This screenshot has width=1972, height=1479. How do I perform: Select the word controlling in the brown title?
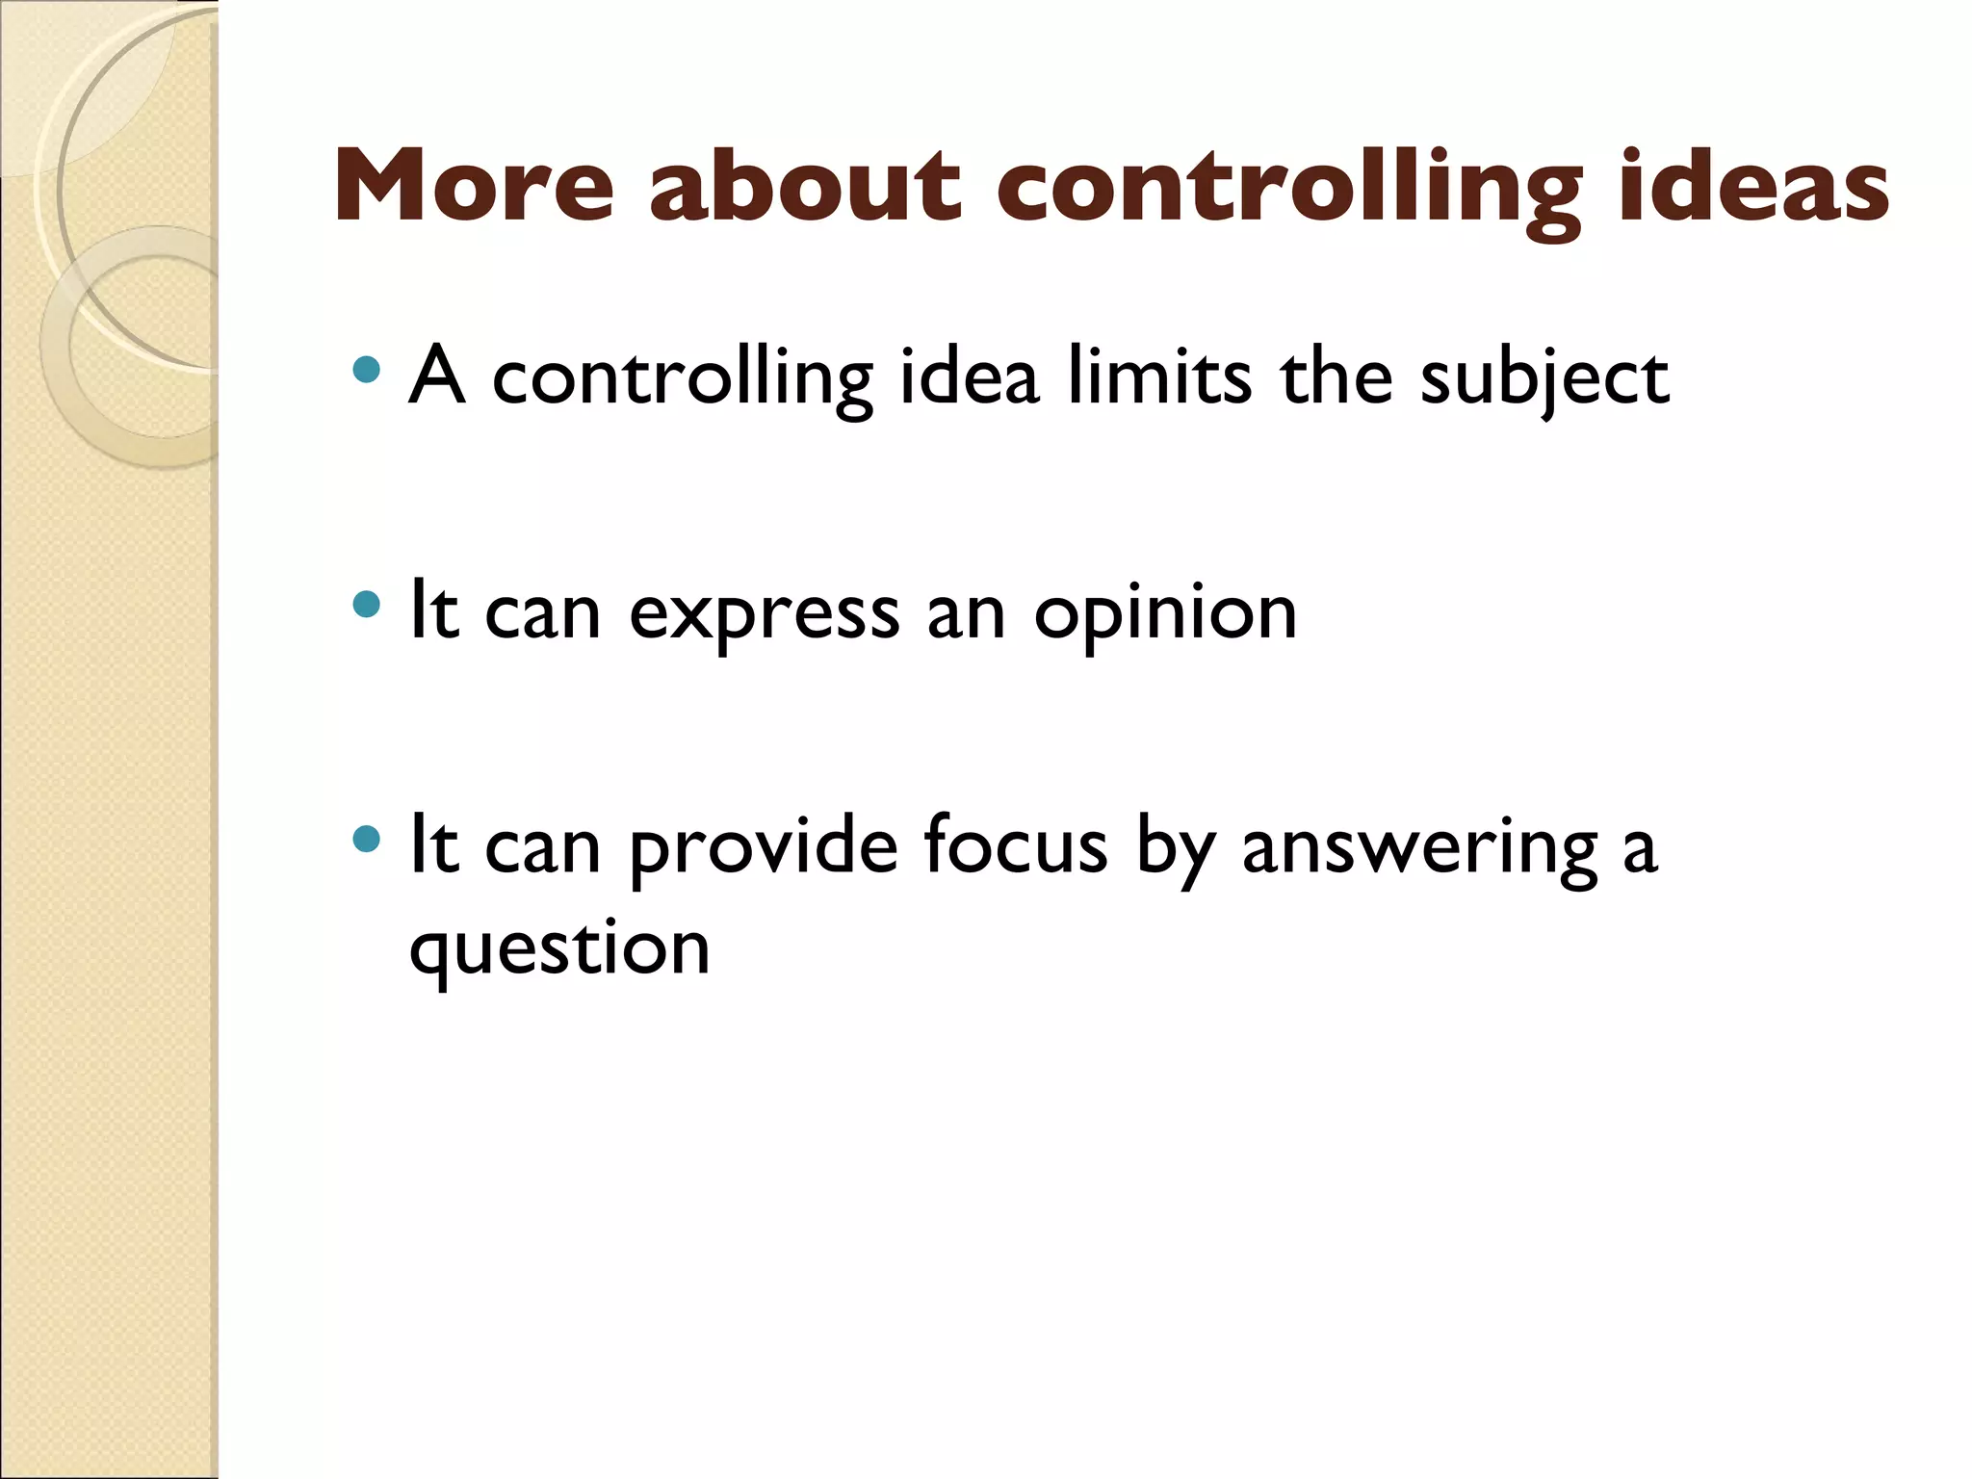[1289, 188]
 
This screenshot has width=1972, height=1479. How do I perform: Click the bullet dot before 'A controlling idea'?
[366, 370]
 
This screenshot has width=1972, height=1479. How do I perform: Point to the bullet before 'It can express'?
[366, 605]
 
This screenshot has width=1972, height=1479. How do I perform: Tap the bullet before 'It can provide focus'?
[366, 839]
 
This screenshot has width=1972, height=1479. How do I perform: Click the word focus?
[1015, 845]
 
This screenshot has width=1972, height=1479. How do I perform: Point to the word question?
[559, 949]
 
